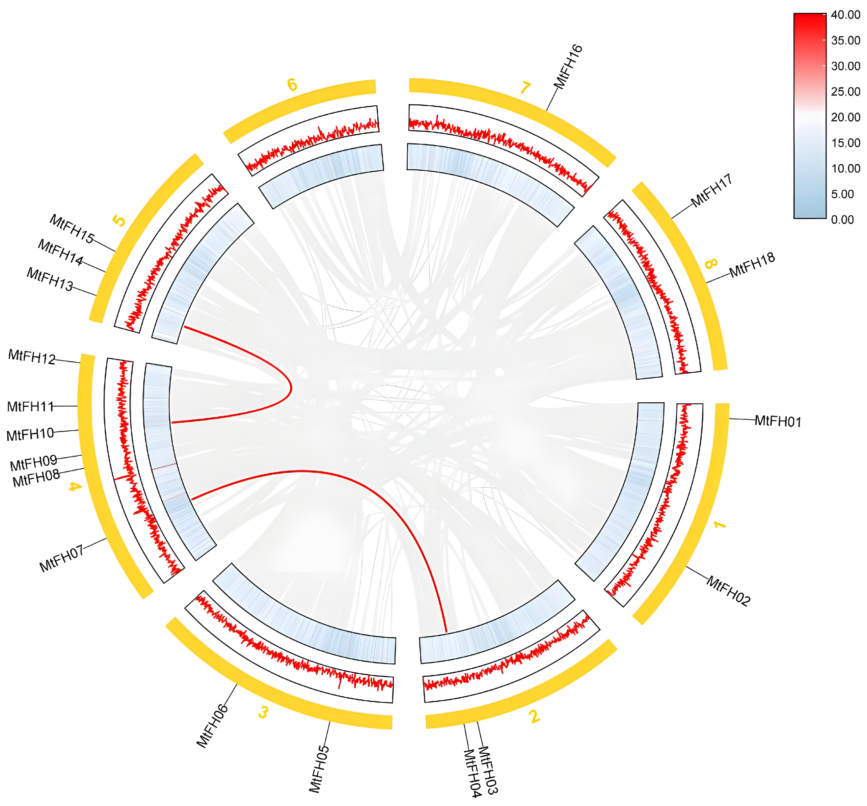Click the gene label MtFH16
coord(567,67)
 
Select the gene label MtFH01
coord(778,421)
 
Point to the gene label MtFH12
coord(32,357)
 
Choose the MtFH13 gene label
coord(50,279)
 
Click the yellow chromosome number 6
coord(292,85)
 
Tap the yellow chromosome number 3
coord(263,712)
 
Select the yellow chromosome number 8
coord(711,263)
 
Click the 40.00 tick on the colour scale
coord(845,15)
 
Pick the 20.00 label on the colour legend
coord(845,117)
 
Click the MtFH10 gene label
coord(30,434)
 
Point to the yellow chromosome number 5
coord(119,221)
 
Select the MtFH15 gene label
coord(71,228)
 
